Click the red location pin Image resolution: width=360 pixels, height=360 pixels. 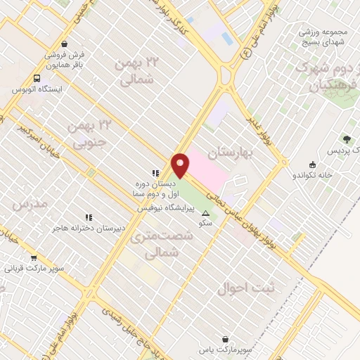point(180,165)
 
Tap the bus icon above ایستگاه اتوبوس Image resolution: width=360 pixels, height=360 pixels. point(37,78)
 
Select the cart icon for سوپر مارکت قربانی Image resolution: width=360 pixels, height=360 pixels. point(34,258)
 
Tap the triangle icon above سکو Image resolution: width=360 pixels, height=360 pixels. point(205,213)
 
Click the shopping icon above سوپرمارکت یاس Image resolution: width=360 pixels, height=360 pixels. point(225,338)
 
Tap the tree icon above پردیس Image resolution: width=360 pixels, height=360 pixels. point(346,139)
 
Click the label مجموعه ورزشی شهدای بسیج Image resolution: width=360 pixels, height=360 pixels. point(323,37)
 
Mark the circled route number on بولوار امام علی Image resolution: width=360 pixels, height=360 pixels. point(245,52)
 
